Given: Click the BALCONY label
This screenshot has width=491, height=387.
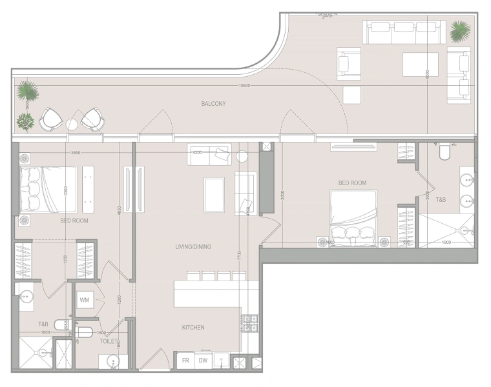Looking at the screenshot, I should click(x=213, y=103).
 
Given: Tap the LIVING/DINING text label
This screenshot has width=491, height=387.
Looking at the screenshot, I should click(x=193, y=246).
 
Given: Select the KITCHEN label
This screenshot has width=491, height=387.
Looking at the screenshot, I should click(x=193, y=328).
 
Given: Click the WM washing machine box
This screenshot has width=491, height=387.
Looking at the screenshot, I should click(x=85, y=301).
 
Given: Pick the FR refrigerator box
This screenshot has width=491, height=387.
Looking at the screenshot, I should click(x=184, y=361).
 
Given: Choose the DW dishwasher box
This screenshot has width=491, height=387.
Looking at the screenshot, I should click(x=203, y=361).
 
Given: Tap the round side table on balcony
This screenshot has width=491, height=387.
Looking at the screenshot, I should click(x=72, y=124).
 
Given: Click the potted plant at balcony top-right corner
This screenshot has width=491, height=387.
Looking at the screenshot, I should click(x=460, y=30).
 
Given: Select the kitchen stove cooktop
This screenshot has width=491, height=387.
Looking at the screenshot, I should click(x=249, y=322).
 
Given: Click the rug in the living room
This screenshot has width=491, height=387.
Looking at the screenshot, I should click(x=214, y=194).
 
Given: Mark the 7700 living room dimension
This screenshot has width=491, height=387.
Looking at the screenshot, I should click(x=238, y=255).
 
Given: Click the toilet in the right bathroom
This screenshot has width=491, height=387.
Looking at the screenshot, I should click(x=444, y=152).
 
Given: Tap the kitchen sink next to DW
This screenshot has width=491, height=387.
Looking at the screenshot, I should click(x=222, y=361).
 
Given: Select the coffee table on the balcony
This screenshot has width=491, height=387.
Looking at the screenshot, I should click(x=420, y=64).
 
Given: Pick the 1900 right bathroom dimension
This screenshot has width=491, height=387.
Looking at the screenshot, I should click(x=447, y=243).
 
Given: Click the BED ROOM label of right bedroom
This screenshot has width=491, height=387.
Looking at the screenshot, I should click(x=352, y=183).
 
